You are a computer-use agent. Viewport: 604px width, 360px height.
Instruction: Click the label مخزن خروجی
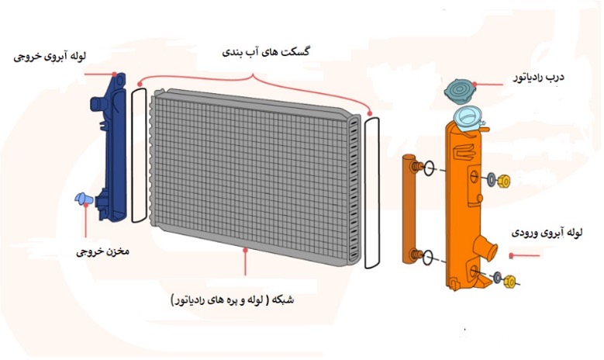(102, 252)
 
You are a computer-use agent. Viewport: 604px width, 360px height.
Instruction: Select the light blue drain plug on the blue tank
(82, 199)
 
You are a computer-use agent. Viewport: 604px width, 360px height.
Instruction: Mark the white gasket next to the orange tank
(371, 190)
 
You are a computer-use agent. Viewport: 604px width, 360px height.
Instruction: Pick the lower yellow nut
(509, 282)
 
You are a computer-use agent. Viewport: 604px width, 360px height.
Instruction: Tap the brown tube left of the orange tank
(411, 209)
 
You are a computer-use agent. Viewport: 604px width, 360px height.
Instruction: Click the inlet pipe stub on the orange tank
(487, 247)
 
